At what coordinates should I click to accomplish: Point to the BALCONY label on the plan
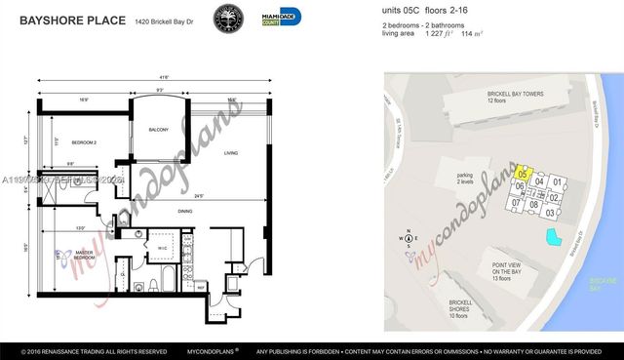(159, 130)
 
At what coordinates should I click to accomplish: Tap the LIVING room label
(231, 153)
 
